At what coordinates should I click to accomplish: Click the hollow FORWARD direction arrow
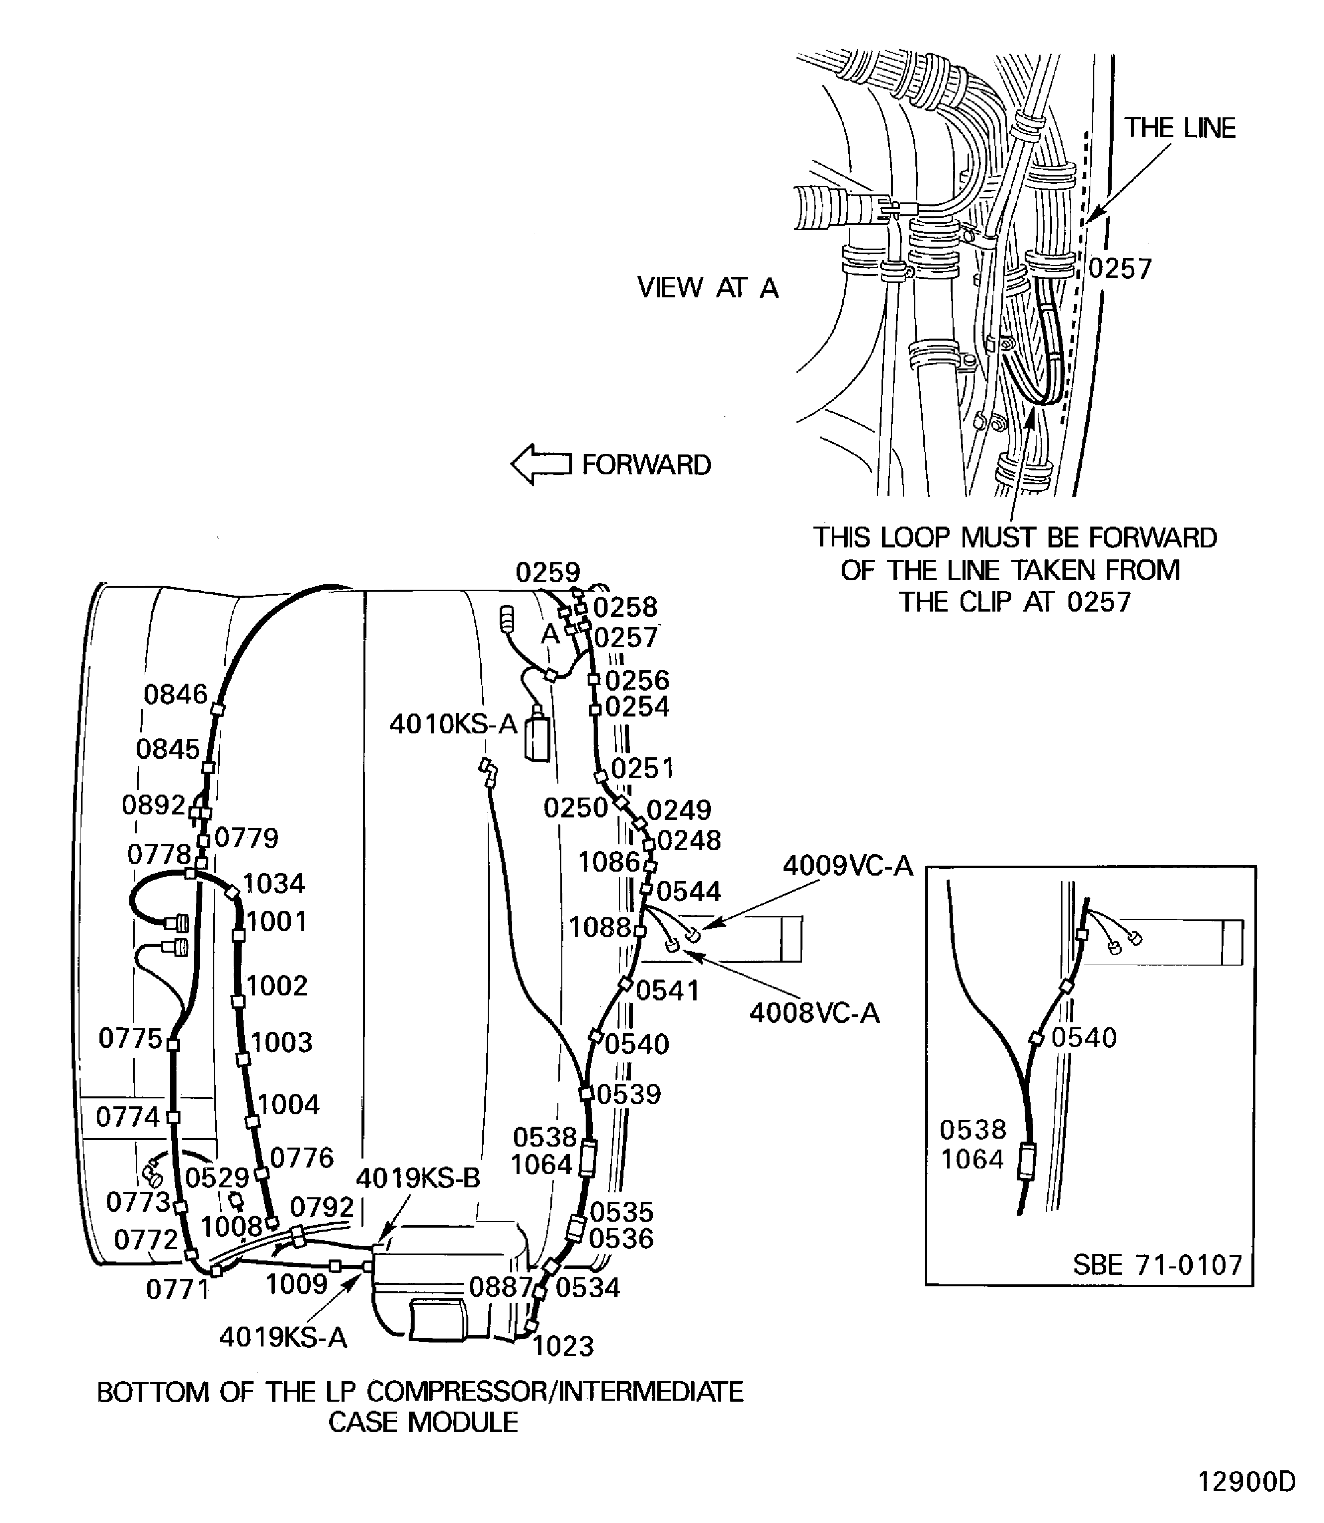(540, 464)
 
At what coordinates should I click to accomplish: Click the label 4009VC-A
(847, 865)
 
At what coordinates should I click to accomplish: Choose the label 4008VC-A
(814, 1012)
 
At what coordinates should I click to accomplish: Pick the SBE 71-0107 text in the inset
(1157, 1265)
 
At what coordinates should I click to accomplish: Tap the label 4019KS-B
(418, 1178)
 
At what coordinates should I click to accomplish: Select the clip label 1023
(563, 1346)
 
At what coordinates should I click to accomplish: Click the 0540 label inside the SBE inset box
(1083, 1038)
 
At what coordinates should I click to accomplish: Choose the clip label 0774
(127, 1117)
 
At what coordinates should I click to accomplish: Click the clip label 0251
(642, 769)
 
